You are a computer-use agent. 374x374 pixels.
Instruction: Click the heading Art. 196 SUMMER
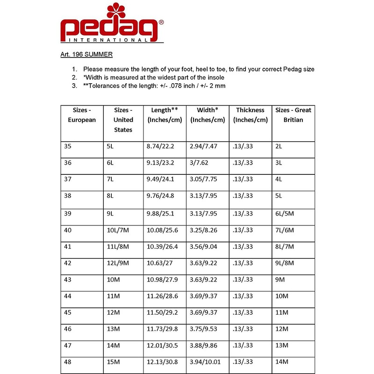86,55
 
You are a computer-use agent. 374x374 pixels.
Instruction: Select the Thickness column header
250,115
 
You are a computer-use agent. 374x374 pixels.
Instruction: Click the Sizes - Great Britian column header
293,115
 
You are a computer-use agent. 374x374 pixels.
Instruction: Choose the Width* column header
207,115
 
